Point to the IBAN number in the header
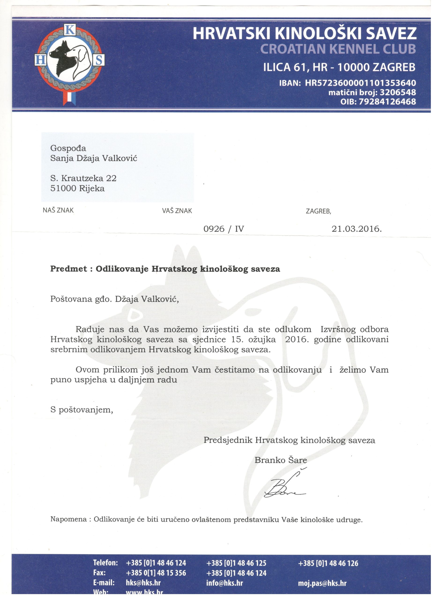click(360, 83)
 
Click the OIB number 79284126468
click(387, 101)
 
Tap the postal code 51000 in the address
click(63, 189)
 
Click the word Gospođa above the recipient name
click(68, 148)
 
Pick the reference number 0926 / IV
click(224, 229)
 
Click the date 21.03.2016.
click(357, 229)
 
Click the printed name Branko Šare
click(281, 460)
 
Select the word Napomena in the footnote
click(68, 519)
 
